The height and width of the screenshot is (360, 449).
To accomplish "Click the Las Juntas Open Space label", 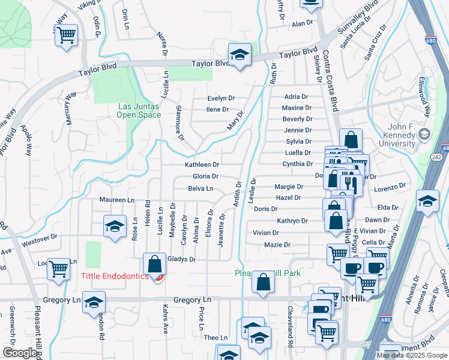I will (138, 110).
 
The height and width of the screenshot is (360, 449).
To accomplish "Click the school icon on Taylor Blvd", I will (240, 55).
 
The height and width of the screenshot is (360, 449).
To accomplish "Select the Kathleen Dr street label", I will (202, 164).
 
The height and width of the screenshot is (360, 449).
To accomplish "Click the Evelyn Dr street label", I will (220, 98).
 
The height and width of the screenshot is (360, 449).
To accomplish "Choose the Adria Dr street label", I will (296, 97).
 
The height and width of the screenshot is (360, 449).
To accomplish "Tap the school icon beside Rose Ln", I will (114, 226).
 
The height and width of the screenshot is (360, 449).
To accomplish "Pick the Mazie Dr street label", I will (277, 245).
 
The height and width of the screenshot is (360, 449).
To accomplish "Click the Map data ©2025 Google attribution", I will (411, 355).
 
